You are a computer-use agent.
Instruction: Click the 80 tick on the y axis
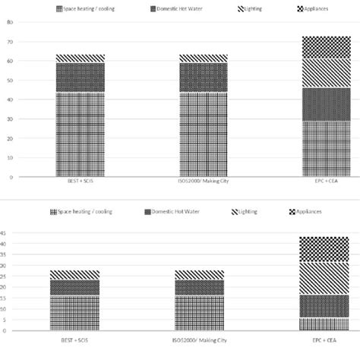pyautogui.click(x=9, y=22)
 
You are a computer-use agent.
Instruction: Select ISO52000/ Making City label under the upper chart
pyautogui.click(x=202, y=183)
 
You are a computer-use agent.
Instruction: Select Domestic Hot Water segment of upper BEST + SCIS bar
pyautogui.click(x=80, y=77)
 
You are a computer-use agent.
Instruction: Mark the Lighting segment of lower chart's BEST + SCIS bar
pyautogui.click(x=74, y=274)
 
